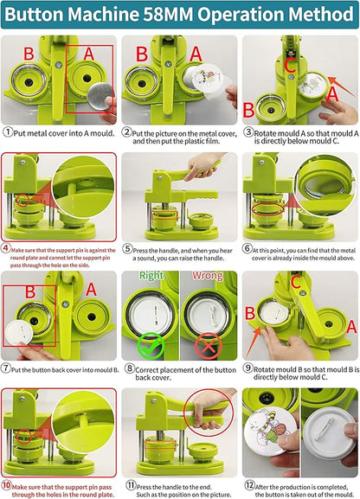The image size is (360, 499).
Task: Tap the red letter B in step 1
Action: tap(29, 51)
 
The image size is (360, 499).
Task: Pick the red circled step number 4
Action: tap(7, 246)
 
